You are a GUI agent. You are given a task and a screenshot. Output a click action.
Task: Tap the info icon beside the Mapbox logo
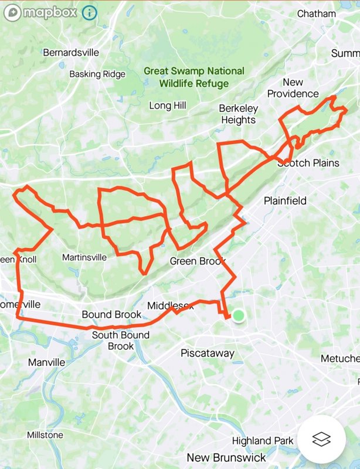[89, 12]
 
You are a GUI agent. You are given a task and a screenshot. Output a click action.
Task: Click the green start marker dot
[238, 316]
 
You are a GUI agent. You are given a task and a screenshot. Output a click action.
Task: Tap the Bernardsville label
[71, 52]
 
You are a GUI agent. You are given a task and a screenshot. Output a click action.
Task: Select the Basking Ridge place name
[97, 74]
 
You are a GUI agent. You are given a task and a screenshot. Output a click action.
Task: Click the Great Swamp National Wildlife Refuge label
[194, 77]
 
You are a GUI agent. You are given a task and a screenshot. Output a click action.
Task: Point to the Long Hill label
[168, 106]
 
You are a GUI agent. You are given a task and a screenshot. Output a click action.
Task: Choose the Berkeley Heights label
[238, 114]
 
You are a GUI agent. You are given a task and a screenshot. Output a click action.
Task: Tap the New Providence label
[293, 88]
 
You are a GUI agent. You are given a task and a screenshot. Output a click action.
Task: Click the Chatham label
[317, 13]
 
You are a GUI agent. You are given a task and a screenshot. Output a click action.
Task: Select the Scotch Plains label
[309, 162]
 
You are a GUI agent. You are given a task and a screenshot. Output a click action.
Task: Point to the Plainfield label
[285, 200]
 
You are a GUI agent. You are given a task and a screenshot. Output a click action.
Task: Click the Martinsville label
[84, 257]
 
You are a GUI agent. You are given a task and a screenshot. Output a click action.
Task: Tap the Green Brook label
[198, 261]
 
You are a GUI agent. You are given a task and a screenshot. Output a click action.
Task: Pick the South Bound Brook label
[121, 341]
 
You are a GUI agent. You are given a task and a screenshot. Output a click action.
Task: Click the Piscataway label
[208, 354]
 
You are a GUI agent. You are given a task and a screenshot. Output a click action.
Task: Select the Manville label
[47, 362]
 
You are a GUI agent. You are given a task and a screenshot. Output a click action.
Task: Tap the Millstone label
[45, 435]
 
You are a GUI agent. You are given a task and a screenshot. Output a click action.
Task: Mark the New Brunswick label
[226, 457]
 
